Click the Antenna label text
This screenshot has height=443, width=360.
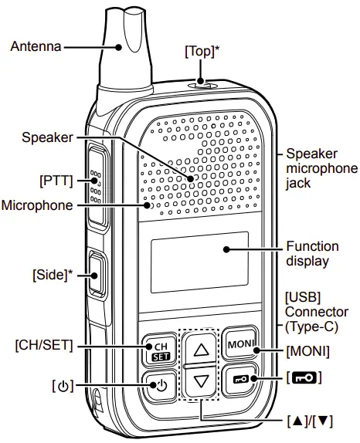pos(35,47)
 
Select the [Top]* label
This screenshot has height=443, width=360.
pos(202,51)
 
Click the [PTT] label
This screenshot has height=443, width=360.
pos(56,181)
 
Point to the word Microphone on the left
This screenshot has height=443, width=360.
pos(38,205)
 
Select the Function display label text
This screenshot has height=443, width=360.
pos(312,253)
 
